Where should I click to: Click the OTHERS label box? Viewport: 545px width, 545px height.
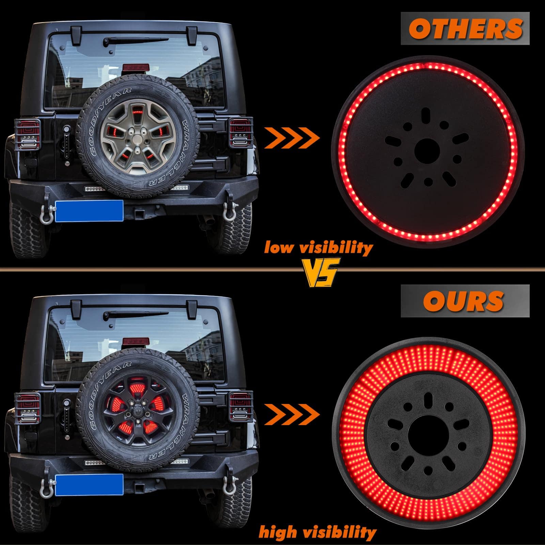point(465,28)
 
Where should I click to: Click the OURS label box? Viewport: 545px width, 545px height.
point(465,301)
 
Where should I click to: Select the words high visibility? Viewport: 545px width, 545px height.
point(317,532)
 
